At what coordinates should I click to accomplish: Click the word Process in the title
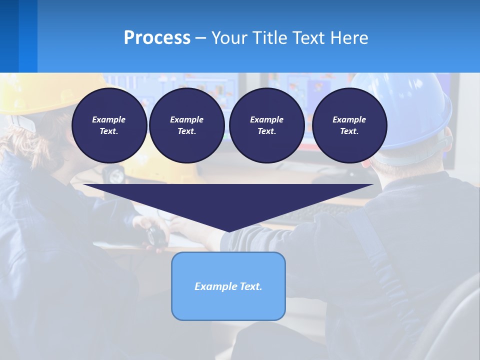coord(157,38)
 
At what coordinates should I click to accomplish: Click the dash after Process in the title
coord(200,39)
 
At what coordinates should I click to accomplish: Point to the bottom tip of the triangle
coord(228,230)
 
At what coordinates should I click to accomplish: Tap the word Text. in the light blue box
coord(251,286)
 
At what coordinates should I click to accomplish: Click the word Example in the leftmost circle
coord(109,119)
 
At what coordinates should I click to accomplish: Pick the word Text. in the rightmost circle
coord(349,131)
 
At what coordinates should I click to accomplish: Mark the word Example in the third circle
coord(266,119)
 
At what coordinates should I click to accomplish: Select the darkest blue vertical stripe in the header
coord(9,36)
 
